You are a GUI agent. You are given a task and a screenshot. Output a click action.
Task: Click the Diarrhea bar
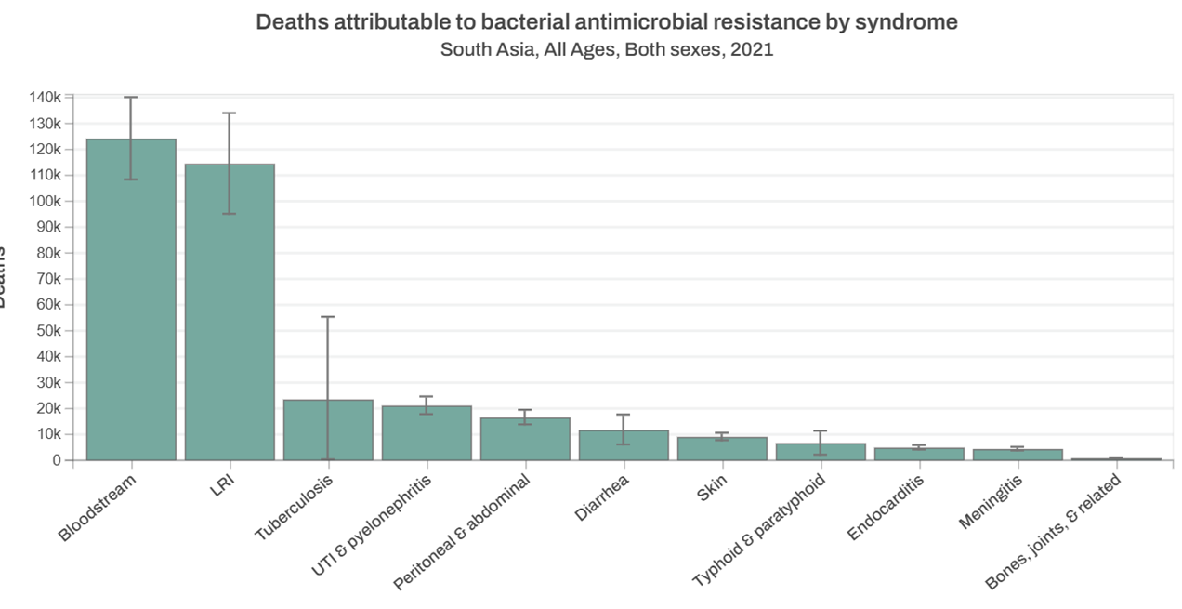(x=624, y=445)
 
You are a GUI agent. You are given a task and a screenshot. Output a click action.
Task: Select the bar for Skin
(x=722, y=448)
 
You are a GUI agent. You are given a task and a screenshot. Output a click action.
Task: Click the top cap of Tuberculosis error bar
(x=328, y=317)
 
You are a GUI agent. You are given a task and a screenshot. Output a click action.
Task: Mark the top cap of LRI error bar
(x=230, y=113)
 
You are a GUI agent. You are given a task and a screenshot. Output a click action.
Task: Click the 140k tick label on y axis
(x=45, y=98)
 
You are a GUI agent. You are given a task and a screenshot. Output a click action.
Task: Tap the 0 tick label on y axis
(x=57, y=460)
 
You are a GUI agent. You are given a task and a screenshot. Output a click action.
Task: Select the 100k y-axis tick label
(x=45, y=201)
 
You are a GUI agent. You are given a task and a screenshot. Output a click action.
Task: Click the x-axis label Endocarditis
(x=886, y=508)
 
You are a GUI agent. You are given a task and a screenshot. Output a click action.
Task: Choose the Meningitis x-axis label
(x=992, y=501)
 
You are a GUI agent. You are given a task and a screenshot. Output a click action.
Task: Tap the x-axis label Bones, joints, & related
(x=1054, y=532)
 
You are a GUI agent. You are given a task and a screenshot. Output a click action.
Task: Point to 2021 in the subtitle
(x=752, y=49)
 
